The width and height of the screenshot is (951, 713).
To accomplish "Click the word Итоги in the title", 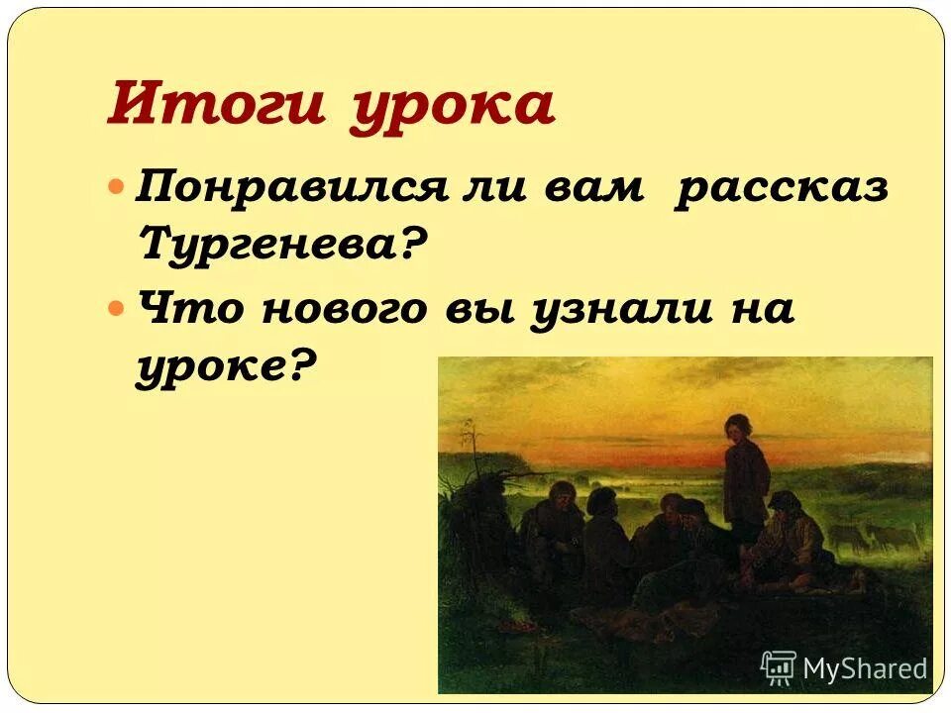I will point(214,105).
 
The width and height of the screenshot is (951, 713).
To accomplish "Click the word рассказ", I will point(782,186).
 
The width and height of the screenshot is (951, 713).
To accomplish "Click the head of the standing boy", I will point(737,428).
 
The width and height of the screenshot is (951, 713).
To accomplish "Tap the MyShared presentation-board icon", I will point(779,667).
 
